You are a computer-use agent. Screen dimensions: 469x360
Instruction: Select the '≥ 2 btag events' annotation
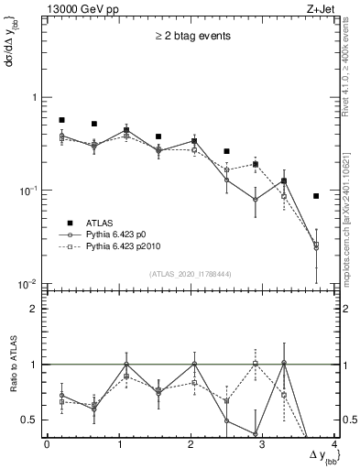coord(191,37)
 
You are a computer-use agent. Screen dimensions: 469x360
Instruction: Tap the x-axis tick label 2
coord(191,445)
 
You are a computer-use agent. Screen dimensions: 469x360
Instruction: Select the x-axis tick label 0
coord(47,445)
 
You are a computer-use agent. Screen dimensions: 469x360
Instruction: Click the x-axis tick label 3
coord(263,445)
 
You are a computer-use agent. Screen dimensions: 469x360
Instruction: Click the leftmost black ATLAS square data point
coord(61,120)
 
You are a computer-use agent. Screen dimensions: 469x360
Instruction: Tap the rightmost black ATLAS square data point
coord(316,196)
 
